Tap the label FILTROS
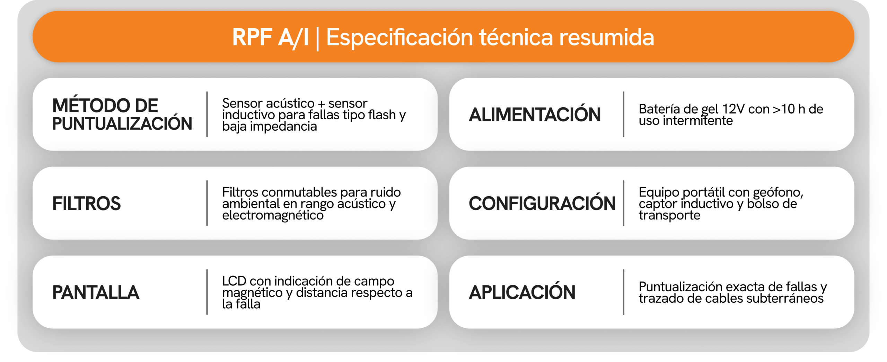86,204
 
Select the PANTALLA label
96,292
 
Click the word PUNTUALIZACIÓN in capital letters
122,124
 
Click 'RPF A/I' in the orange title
270,37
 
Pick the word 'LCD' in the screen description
234,281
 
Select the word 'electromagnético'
273,216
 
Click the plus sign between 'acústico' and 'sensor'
322,104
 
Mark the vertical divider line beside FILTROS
207,203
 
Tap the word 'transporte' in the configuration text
669,216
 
